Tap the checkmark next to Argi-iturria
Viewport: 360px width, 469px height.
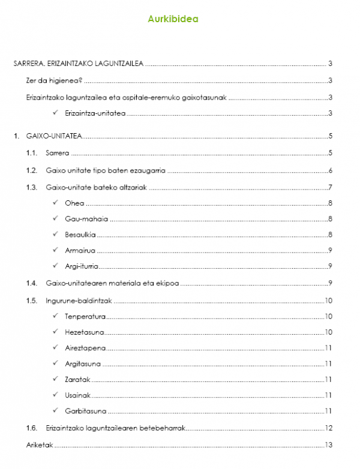pyautogui.click(x=55, y=266)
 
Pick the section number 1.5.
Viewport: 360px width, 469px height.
pyautogui.click(x=32, y=300)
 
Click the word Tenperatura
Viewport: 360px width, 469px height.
pyautogui.click(x=85, y=316)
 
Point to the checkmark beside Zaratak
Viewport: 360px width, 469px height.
pyautogui.click(x=55, y=379)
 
